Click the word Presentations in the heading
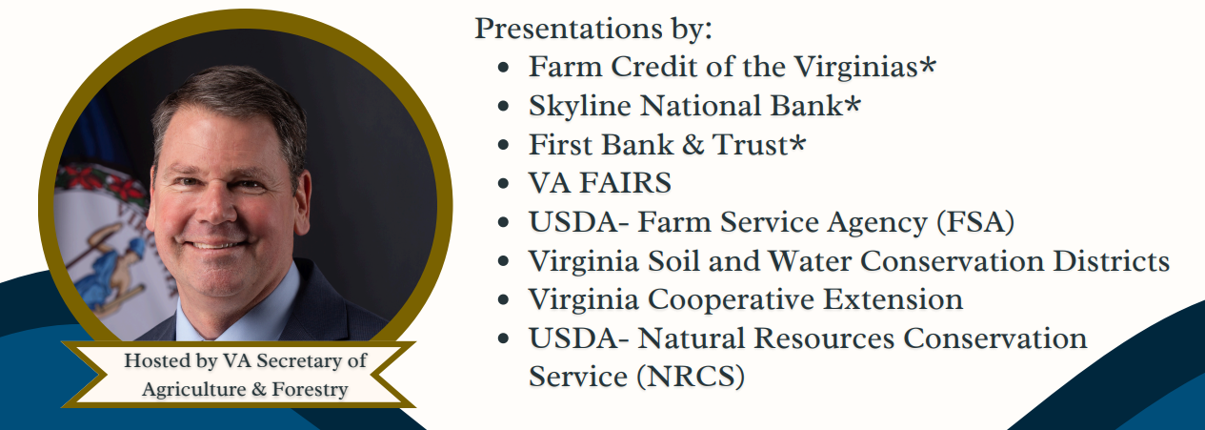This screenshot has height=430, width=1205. tap(569, 29)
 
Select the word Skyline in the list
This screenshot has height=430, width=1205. tap(579, 106)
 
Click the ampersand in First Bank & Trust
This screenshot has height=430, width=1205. tap(693, 144)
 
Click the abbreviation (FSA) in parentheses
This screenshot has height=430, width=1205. tap(975, 222)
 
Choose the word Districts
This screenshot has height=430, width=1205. tap(1111, 261)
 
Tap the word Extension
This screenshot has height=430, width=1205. tap(893, 299)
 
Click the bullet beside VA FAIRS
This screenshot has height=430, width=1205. tap(504, 183)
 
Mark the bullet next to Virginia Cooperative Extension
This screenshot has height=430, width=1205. tap(504, 299)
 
